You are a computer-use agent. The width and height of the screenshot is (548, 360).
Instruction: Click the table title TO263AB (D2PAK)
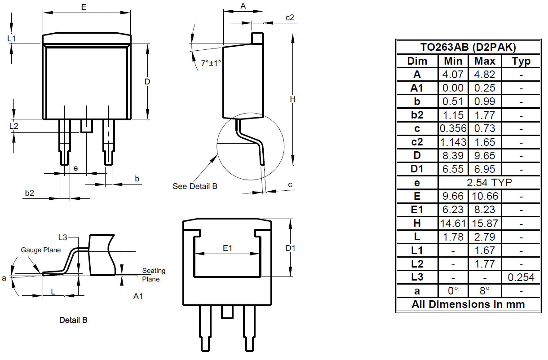pyautogui.click(x=468, y=47)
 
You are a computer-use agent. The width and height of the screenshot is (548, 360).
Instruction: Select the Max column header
pyautogui.click(x=485, y=61)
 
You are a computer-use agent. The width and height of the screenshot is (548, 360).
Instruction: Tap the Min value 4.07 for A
pyautogui.click(x=453, y=75)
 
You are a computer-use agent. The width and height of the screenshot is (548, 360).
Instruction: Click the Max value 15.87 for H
pyautogui.click(x=485, y=223)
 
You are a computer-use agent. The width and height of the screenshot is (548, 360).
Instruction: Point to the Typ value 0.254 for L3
pyautogui.click(x=521, y=277)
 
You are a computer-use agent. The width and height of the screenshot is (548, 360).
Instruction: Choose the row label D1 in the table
pyautogui.click(x=417, y=169)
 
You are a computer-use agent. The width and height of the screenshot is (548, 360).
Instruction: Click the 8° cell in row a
pyautogui.click(x=485, y=291)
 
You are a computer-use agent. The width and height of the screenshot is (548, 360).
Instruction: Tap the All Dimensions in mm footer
pyautogui.click(x=468, y=304)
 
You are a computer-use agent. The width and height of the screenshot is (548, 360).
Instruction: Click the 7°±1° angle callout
pyautogui.click(x=211, y=63)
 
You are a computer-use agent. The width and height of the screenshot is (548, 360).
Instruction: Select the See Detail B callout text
pyautogui.click(x=195, y=186)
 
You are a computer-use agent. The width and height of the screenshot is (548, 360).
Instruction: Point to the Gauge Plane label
pyautogui.click(x=40, y=250)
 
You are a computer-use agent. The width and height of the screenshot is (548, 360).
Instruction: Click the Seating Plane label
pyautogui.click(x=154, y=275)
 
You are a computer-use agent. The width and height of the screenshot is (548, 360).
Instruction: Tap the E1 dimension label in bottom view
pyautogui.click(x=228, y=248)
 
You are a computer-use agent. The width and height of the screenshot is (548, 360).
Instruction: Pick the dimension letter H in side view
pyautogui.click(x=292, y=99)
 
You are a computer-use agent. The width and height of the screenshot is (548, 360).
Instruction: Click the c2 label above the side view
pyautogui.click(x=290, y=18)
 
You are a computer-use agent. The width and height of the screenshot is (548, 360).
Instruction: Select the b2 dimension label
pyautogui.click(x=29, y=193)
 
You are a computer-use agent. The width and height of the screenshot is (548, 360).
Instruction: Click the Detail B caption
pyautogui.click(x=73, y=320)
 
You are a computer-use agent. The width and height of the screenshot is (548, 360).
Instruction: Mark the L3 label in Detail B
pyautogui.click(x=63, y=237)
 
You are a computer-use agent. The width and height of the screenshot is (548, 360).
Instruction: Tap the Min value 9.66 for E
pyautogui.click(x=453, y=196)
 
